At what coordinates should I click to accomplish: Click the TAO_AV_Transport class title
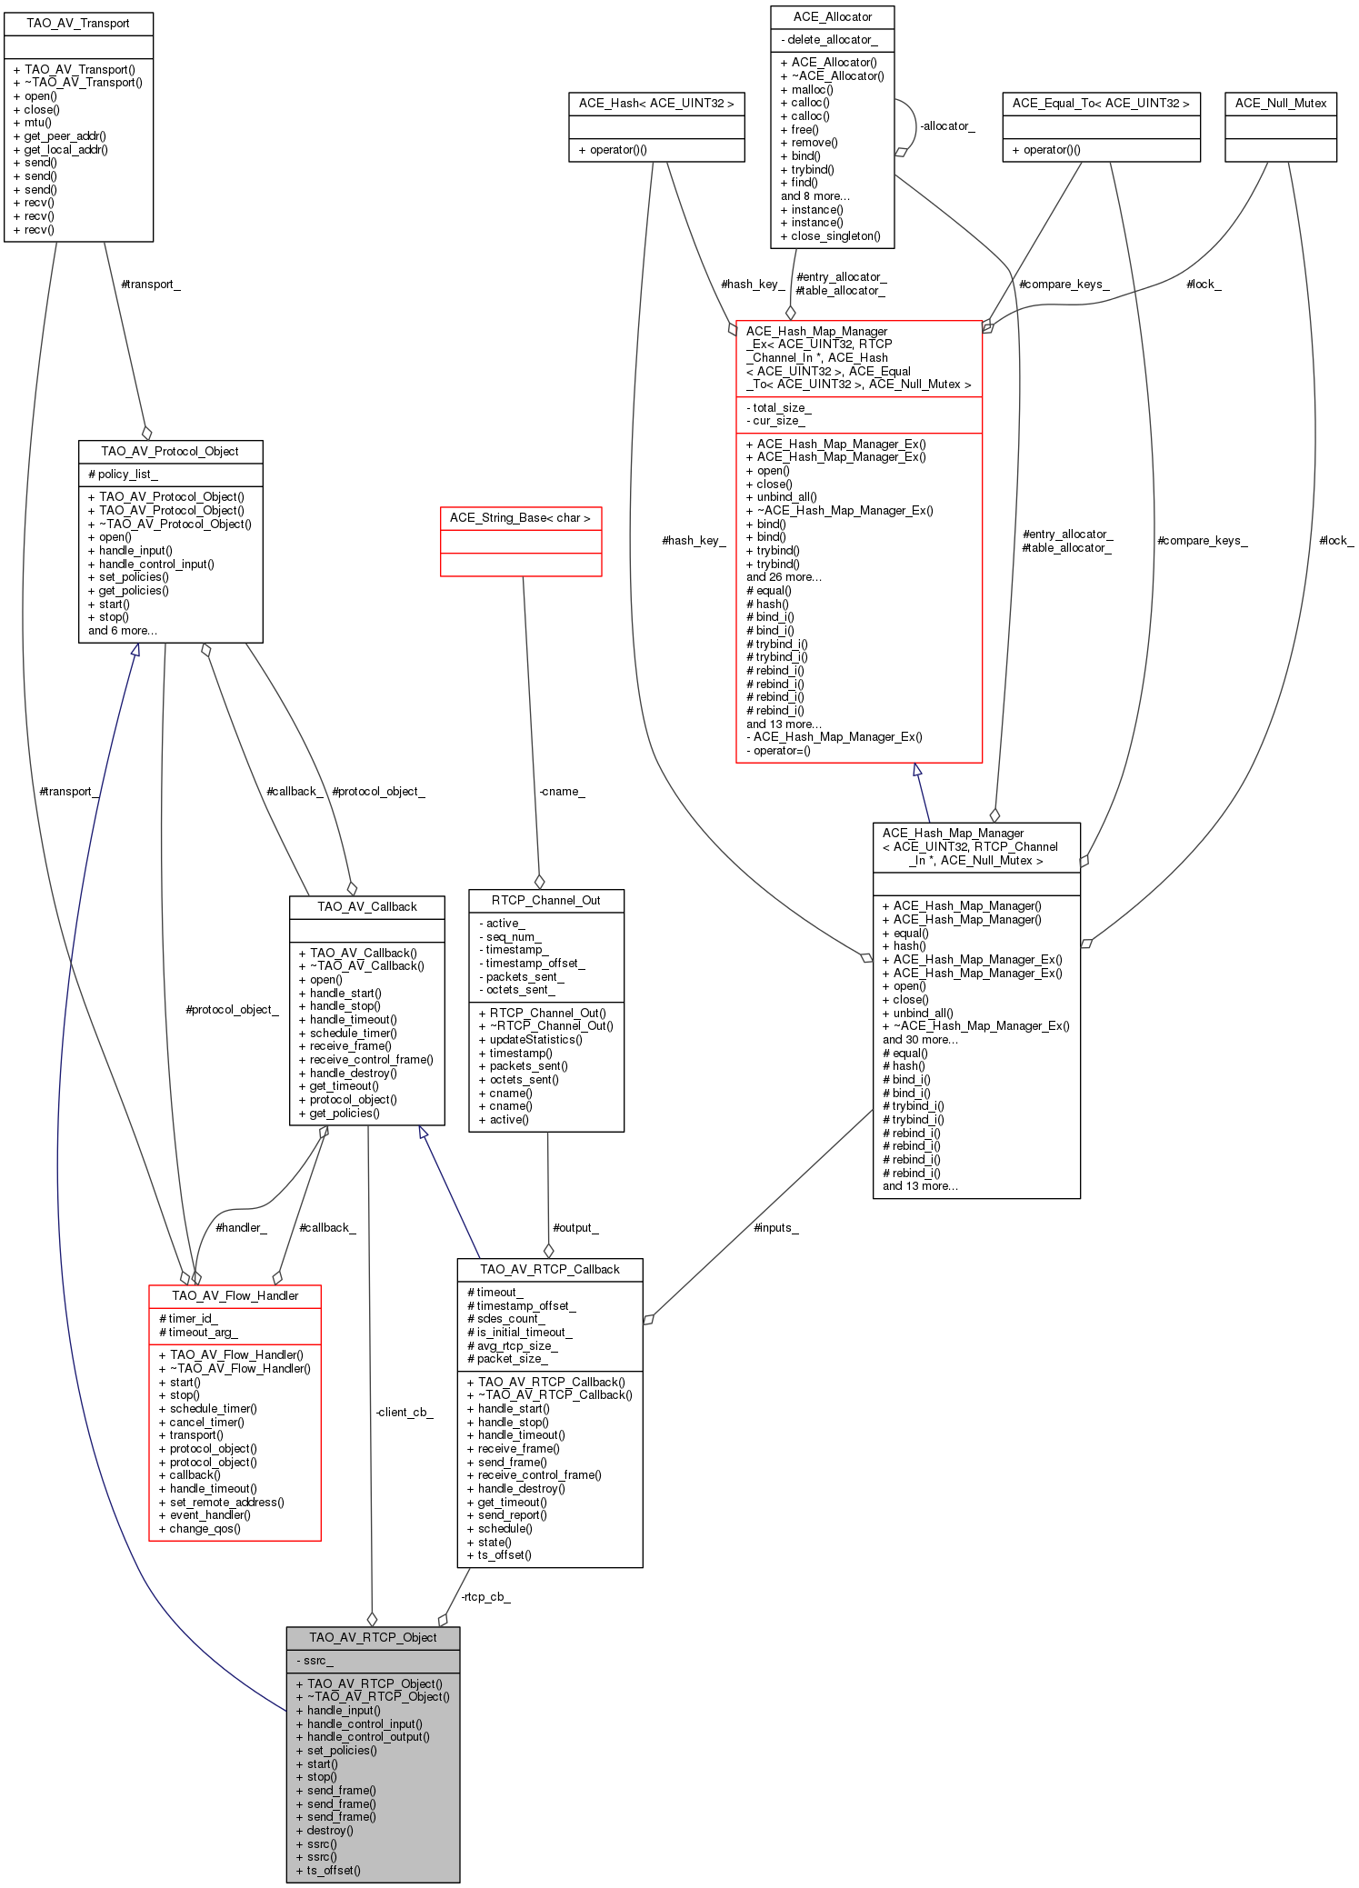[78, 23]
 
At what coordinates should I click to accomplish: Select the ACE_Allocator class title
[832, 16]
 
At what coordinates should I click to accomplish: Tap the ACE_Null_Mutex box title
[1280, 103]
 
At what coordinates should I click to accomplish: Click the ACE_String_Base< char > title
[520, 517]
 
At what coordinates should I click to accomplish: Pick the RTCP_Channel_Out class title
[545, 900]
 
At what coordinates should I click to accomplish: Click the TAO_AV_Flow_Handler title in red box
[235, 1295]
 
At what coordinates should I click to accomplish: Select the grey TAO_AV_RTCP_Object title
[373, 1637]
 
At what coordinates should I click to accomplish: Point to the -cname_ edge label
[562, 791]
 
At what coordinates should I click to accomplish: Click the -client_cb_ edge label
[404, 1412]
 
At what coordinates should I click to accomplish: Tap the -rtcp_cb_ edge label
[485, 1596]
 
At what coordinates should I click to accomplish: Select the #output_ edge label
[575, 1227]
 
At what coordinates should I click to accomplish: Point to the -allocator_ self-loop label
[947, 125]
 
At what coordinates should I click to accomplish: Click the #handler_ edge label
[241, 1227]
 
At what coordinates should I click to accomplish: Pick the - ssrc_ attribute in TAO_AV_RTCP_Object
[315, 1660]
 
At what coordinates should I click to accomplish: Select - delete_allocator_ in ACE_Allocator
[829, 39]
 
